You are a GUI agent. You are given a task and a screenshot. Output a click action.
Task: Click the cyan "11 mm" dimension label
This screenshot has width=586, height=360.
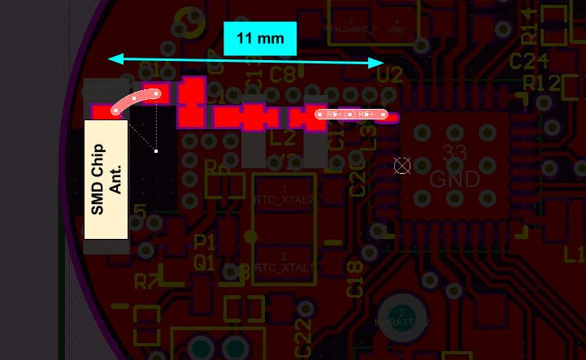[260, 38]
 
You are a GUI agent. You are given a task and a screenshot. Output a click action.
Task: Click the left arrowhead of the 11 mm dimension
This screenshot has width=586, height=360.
[115, 59]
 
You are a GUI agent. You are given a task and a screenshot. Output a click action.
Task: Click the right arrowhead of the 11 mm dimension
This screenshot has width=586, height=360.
[378, 63]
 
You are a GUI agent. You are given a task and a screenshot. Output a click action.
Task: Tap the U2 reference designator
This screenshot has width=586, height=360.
[389, 76]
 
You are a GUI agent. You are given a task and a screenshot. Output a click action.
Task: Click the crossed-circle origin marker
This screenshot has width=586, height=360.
[402, 166]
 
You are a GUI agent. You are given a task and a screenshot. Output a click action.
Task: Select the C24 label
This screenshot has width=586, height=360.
[528, 62]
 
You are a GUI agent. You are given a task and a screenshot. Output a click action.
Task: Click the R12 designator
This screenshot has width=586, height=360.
[542, 83]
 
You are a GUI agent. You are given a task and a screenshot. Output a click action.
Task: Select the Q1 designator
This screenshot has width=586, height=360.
[204, 262]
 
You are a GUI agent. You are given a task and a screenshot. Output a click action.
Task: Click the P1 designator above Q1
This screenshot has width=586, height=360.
[205, 242]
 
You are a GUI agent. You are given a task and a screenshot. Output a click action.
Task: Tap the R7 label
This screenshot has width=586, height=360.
[148, 281]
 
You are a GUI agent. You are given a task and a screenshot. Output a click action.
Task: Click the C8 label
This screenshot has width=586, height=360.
[282, 75]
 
